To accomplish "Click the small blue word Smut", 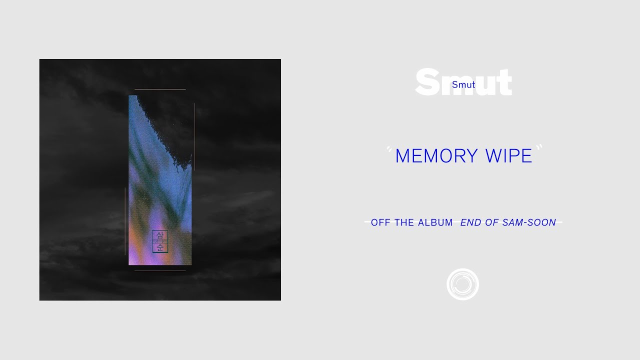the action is coord(463,84).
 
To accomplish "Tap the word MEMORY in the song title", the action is coord(436,156).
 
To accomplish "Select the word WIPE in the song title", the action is coord(509,156).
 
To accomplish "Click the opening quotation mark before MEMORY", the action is coord(389,149).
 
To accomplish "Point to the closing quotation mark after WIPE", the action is coord(539,147).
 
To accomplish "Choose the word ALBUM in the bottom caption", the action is coord(435,222).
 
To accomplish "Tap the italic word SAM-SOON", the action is coord(529,222).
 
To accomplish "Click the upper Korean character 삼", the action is coord(160,235).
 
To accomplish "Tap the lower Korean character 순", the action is coord(160,247).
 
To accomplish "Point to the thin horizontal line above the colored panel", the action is coord(160,89).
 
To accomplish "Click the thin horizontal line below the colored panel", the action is coord(160,270).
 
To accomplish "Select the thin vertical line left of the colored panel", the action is coord(125,221).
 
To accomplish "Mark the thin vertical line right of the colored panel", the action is coord(195,137).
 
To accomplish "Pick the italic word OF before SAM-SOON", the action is coord(491,222).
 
